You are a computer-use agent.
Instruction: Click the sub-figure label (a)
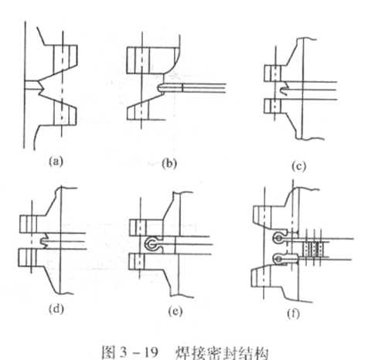56,161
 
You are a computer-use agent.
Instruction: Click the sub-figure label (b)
169,164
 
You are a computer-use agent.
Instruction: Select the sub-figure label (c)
298,166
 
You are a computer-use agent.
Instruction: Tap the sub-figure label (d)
56,308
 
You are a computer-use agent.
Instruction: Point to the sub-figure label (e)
175,311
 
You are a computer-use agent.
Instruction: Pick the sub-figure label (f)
293,314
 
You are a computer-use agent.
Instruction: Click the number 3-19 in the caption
138,352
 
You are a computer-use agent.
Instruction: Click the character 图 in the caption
110,352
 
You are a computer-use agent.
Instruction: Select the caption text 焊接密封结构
222,353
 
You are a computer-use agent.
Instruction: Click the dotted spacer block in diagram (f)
312,249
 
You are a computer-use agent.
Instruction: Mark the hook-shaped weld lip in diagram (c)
284,89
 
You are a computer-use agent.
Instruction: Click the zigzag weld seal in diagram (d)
46,241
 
